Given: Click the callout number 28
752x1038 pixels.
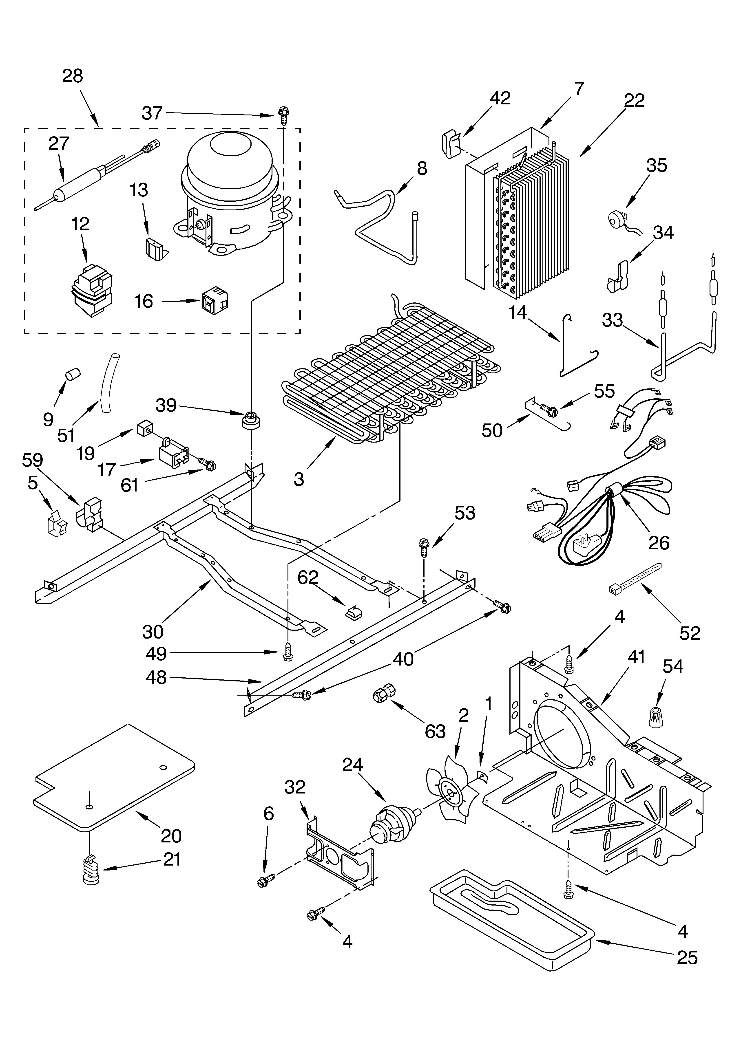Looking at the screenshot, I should tap(72, 76).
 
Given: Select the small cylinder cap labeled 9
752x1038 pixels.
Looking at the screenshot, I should tap(72, 373).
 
